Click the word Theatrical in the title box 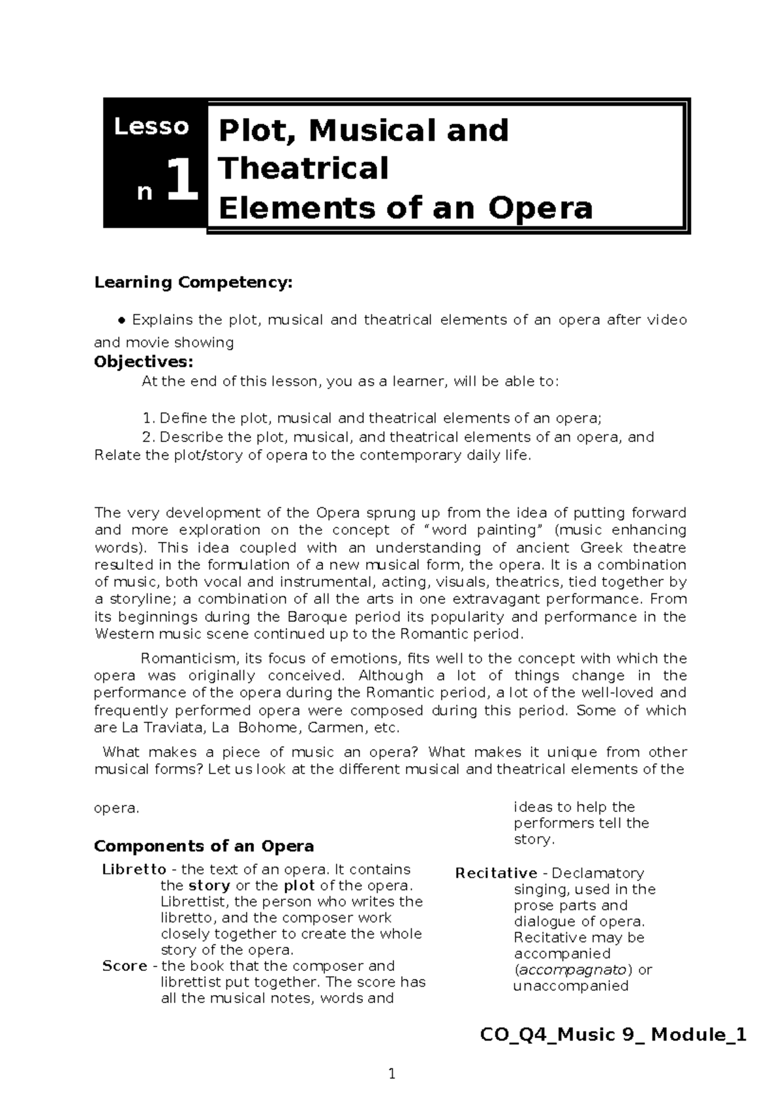[x=303, y=168]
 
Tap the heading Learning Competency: [x=194, y=282]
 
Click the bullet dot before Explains [x=121, y=320]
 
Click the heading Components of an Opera [x=204, y=846]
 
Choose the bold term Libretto [x=134, y=869]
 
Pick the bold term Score [x=125, y=966]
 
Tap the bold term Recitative [x=496, y=873]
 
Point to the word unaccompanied [x=571, y=986]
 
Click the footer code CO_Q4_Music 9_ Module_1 [x=613, y=1035]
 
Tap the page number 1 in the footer [x=391, y=1074]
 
